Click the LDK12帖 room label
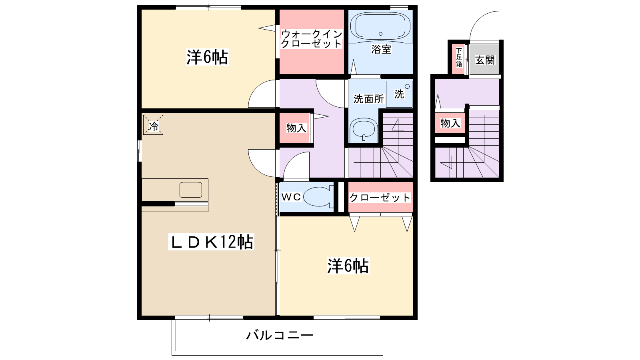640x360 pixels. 211,242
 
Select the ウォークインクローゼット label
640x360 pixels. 311,39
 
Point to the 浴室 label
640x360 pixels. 381,50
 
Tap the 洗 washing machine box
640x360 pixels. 399,94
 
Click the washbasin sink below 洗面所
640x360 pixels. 363,129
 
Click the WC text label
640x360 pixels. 291,197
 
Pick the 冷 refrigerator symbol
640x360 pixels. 153,125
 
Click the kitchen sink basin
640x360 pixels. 191,190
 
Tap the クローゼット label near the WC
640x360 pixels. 380,198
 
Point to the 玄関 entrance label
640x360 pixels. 485,60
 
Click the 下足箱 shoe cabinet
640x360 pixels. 459,58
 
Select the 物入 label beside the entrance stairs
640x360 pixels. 450,123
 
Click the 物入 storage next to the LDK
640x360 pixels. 296,128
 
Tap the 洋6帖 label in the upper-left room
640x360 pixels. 207,58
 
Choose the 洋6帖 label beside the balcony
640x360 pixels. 348,266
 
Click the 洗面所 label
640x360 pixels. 368,99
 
